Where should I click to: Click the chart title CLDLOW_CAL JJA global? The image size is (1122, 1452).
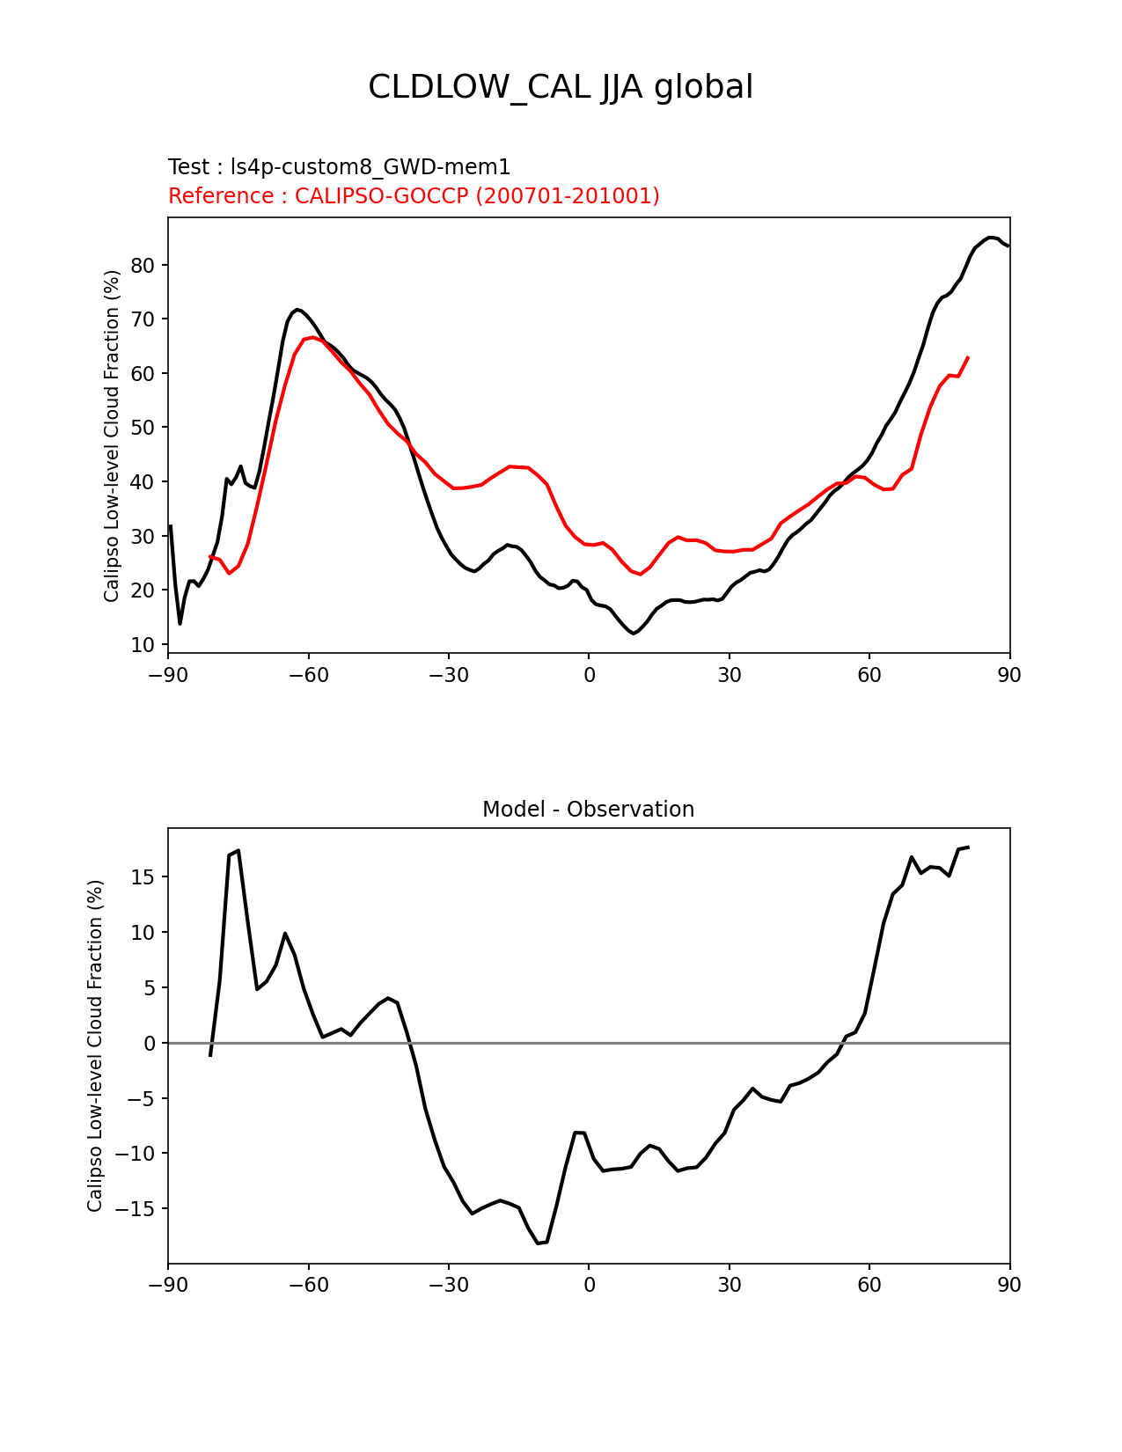pyautogui.click(x=561, y=87)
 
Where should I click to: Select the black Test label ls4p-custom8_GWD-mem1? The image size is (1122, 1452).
pyautogui.click(x=339, y=167)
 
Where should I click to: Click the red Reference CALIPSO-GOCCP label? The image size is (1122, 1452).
pyautogui.click(x=414, y=196)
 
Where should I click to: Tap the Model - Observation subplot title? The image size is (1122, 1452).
pyautogui.click(x=588, y=810)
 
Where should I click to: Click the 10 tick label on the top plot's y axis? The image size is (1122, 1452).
pyautogui.click(x=143, y=645)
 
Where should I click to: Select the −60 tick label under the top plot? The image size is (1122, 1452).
pyautogui.click(x=308, y=675)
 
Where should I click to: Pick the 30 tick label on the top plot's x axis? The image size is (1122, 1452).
pyautogui.click(x=729, y=675)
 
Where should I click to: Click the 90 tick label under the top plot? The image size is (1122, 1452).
pyautogui.click(x=1009, y=675)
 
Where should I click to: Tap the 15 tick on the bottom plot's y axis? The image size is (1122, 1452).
pyautogui.click(x=143, y=877)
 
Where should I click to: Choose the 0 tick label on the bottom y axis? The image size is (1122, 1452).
pyautogui.click(x=150, y=1044)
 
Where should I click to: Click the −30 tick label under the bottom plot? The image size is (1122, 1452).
pyautogui.click(x=448, y=1285)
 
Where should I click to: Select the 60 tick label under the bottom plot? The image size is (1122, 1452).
pyautogui.click(x=869, y=1285)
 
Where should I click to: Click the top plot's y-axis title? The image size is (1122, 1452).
pyautogui.click(x=112, y=436)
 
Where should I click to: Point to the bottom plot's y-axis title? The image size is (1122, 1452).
pyautogui.click(x=95, y=1045)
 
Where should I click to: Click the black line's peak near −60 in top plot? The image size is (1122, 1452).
pyautogui.click(x=297, y=310)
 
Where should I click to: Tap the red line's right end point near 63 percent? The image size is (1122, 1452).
pyautogui.click(x=968, y=357)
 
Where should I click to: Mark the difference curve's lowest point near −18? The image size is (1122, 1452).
pyautogui.click(x=538, y=1243)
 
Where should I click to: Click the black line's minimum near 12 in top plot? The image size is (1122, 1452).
pyautogui.click(x=633, y=634)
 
